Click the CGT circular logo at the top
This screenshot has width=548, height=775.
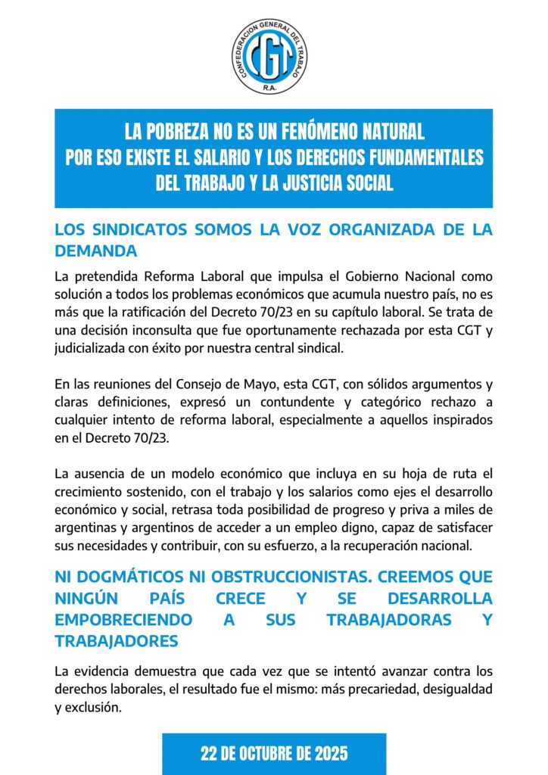point(270,56)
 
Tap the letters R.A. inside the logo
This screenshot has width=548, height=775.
point(270,87)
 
